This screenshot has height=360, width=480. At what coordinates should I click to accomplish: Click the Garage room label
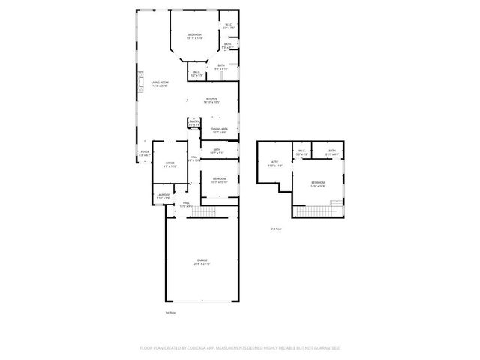tap(202, 262)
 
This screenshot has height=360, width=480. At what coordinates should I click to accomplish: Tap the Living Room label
tap(159, 82)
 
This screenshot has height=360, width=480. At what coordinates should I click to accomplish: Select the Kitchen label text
tap(212, 99)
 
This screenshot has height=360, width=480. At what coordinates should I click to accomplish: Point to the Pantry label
tap(193, 122)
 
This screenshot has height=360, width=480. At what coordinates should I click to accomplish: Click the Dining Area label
tap(219, 130)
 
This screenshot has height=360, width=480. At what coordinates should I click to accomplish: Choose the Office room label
tap(169, 164)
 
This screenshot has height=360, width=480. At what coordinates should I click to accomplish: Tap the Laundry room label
tap(163, 196)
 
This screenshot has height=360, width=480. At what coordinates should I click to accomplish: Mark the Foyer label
tap(145, 152)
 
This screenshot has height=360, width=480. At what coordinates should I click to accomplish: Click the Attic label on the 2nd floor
tap(274, 163)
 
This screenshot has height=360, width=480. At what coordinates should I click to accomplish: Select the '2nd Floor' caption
tap(277, 229)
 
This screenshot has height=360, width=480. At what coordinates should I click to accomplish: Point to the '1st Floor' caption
tap(171, 312)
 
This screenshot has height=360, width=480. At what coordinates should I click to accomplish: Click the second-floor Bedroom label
tap(318, 182)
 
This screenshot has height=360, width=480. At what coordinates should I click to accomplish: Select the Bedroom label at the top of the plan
tap(194, 35)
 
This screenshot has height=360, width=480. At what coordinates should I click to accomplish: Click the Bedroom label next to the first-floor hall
tap(219, 179)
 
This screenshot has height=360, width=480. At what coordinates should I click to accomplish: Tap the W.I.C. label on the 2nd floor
tap(301, 153)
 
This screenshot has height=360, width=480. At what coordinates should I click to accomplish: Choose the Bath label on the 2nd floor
tap(332, 153)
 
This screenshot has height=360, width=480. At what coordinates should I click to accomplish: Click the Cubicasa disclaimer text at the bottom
tap(240, 348)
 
